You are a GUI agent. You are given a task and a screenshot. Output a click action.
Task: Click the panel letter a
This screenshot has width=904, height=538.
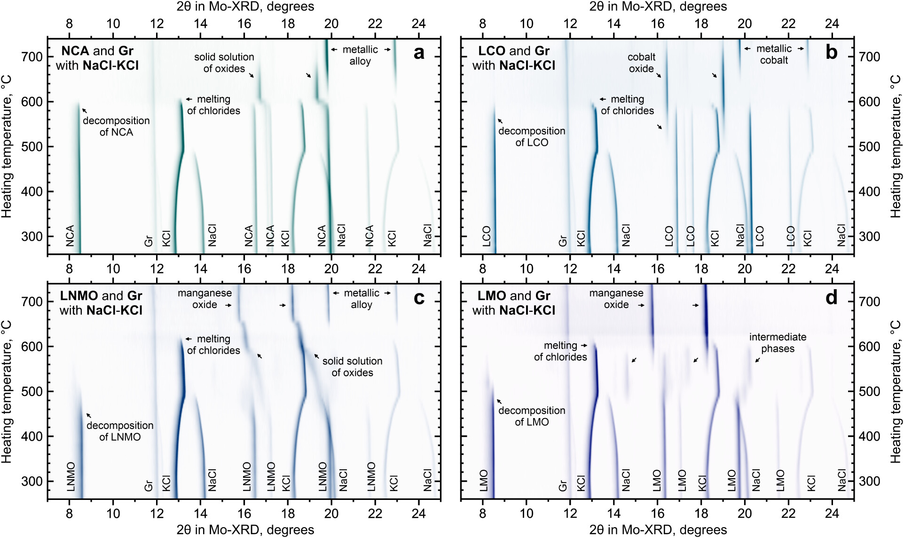[419, 53]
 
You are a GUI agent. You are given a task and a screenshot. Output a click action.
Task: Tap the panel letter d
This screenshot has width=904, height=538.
[831, 298]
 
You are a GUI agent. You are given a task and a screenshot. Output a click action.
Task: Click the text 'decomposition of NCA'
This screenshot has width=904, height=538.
[116, 127]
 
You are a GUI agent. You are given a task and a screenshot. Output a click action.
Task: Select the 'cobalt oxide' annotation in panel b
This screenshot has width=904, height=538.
[641, 63]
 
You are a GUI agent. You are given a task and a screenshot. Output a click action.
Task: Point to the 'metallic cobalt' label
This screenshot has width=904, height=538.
[774, 55]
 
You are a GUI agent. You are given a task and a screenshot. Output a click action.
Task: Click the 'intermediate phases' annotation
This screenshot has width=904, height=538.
[778, 343]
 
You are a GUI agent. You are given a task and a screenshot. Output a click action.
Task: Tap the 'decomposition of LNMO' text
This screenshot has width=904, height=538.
[120, 431]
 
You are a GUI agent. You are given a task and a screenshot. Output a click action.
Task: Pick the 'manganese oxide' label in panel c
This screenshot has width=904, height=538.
[204, 299]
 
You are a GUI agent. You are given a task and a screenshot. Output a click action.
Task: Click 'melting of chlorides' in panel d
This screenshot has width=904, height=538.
[560, 351]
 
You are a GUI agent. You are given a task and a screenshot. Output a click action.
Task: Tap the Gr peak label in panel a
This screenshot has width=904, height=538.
[149, 241]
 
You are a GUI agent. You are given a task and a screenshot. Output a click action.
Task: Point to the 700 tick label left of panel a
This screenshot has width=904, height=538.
[31, 57]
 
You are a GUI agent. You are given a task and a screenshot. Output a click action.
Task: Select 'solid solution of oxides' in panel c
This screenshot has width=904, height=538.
[352, 367]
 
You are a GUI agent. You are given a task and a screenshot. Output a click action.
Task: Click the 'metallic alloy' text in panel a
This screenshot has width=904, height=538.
[360, 55]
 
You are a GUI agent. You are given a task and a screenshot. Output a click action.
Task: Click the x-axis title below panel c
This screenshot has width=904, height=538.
[245, 530]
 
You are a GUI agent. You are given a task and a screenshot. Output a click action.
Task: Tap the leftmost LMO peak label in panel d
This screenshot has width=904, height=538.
[484, 481]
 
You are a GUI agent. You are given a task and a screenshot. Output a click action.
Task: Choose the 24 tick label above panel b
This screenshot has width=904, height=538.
[832, 24]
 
